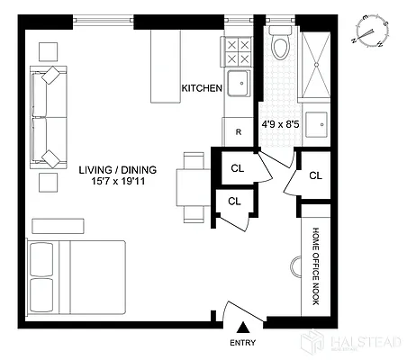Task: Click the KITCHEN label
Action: [x=202, y=88]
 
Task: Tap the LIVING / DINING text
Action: [x=117, y=169]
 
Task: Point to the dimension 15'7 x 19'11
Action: [x=117, y=183]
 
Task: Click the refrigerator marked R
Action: [x=238, y=131]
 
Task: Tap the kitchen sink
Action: [x=239, y=84]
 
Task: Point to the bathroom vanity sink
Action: [x=318, y=122]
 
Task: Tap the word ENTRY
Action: [x=243, y=343]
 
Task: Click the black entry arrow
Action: [x=243, y=329]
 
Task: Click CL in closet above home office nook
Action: [x=315, y=175]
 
